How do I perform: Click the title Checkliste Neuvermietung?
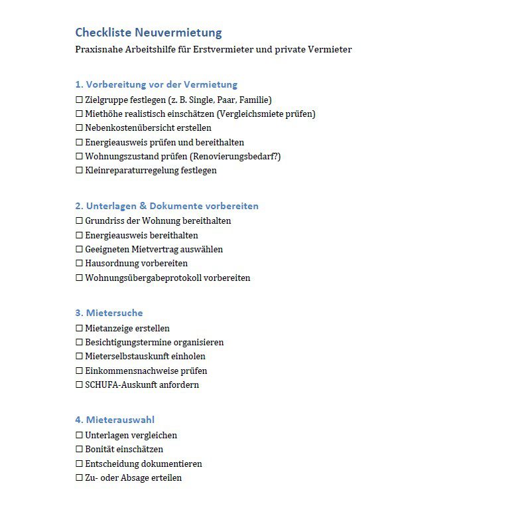click(x=148, y=33)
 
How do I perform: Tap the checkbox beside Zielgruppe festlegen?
click(x=79, y=100)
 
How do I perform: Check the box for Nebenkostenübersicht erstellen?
click(x=79, y=128)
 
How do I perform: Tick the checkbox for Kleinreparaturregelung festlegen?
click(x=79, y=171)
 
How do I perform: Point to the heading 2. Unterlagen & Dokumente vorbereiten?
click(x=166, y=206)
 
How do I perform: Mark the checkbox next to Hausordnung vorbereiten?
click(x=79, y=264)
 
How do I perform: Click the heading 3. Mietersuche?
click(x=109, y=313)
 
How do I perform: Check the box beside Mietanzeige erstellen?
click(x=79, y=329)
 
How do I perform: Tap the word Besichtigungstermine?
click(x=129, y=342)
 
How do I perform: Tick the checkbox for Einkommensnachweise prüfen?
click(x=79, y=371)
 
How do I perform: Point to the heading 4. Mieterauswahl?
click(x=115, y=420)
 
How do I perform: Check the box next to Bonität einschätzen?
click(x=79, y=450)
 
